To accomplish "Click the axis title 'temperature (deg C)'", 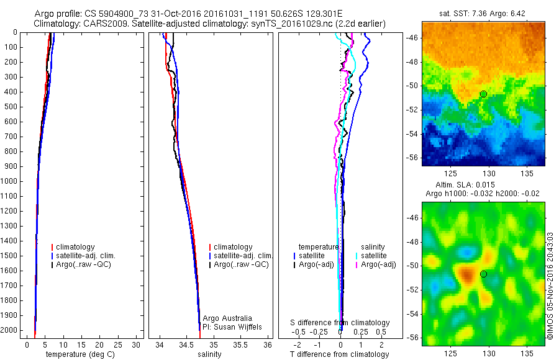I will point(77,354).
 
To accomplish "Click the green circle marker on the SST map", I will point(483,94).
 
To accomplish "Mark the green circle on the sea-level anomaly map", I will point(483,274).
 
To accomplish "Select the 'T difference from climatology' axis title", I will point(339,354).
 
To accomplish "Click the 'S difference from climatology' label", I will point(340,323).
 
